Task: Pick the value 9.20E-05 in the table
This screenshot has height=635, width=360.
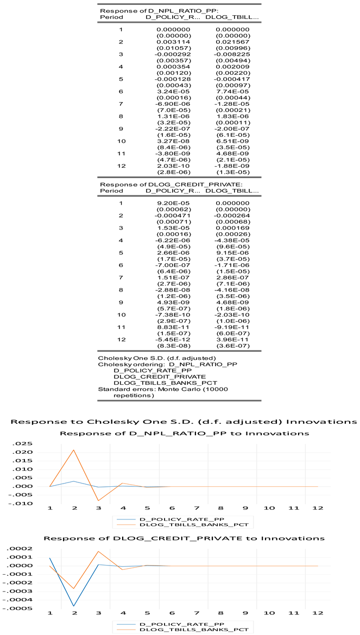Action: pyautogui.click(x=173, y=203)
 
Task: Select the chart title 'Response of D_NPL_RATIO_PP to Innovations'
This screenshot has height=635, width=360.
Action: pyautogui.click(x=184, y=418)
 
